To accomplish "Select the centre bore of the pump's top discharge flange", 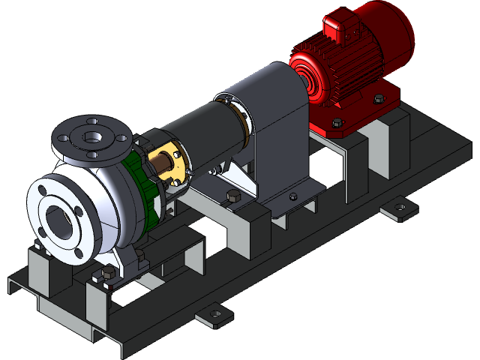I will [93, 137].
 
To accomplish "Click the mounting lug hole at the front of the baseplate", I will [214, 314].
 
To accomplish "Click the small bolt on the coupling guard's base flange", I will [292, 196].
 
